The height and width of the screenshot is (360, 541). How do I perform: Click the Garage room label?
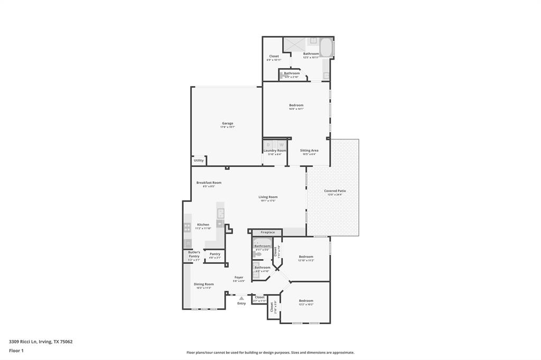click(x=227, y=124)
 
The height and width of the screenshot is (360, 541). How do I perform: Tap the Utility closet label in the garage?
click(x=199, y=160)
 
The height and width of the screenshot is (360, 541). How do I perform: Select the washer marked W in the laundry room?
click(x=282, y=145)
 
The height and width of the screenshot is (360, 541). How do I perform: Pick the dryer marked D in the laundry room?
click(x=268, y=145)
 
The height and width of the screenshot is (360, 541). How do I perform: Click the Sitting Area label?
click(x=309, y=150)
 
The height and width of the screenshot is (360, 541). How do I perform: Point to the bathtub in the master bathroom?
click(x=326, y=48)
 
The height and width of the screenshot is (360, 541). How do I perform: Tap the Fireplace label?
click(x=267, y=232)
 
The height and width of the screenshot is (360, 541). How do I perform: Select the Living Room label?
click(x=268, y=197)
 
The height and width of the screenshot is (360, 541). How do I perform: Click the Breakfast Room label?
click(x=209, y=183)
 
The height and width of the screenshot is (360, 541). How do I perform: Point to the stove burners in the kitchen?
click(x=188, y=228)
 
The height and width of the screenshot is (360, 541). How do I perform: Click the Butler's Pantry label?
click(x=194, y=254)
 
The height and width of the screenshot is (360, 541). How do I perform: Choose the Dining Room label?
click(x=203, y=284)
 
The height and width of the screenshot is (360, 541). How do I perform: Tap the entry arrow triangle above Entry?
click(x=241, y=298)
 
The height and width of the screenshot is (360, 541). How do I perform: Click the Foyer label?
click(x=239, y=277)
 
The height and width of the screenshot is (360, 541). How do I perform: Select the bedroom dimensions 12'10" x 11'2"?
click(x=306, y=260)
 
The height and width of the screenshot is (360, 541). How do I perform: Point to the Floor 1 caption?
click(x=16, y=350)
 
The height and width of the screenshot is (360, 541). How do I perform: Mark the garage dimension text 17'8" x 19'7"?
click(x=227, y=127)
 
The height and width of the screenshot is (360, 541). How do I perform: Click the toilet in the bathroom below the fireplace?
click(x=257, y=254)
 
